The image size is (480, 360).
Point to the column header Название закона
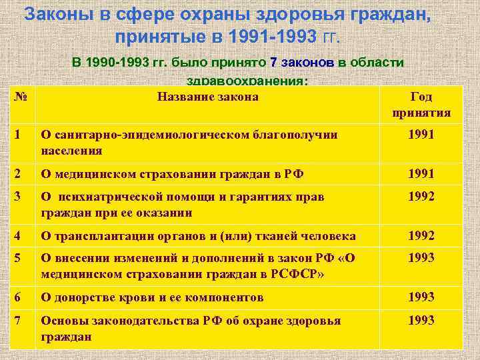(x=207, y=97)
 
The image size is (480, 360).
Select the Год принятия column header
(x=422, y=105)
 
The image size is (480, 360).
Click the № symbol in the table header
(x=20, y=97)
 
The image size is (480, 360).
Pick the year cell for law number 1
(x=422, y=135)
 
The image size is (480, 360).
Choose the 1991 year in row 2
(x=422, y=174)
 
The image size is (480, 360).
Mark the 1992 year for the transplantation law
(x=422, y=235)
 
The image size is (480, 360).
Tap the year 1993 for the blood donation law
(x=422, y=297)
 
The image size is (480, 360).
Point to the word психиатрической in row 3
(x=114, y=197)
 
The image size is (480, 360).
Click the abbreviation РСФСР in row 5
(x=286, y=274)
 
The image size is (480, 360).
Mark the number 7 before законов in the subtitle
(x=274, y=63)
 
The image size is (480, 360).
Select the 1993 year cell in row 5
(x=422, y=257)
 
